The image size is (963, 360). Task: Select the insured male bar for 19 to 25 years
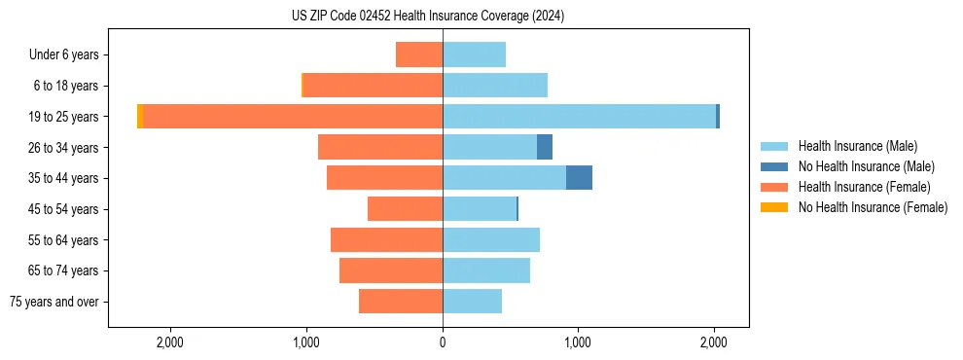579,116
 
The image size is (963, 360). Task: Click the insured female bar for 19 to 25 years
293,116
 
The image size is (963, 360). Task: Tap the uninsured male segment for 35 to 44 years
579,178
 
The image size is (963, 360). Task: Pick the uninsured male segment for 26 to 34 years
545,147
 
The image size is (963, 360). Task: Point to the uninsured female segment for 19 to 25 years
140,116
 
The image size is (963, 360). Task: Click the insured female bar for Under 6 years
419,54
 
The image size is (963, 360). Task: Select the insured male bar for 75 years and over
472,302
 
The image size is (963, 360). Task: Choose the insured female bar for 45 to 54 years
405,209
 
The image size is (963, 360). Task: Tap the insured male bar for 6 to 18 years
495,86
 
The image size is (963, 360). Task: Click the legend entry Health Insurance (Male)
857,146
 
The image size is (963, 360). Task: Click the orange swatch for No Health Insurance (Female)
774,207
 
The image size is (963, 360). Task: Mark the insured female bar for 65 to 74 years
391,270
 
